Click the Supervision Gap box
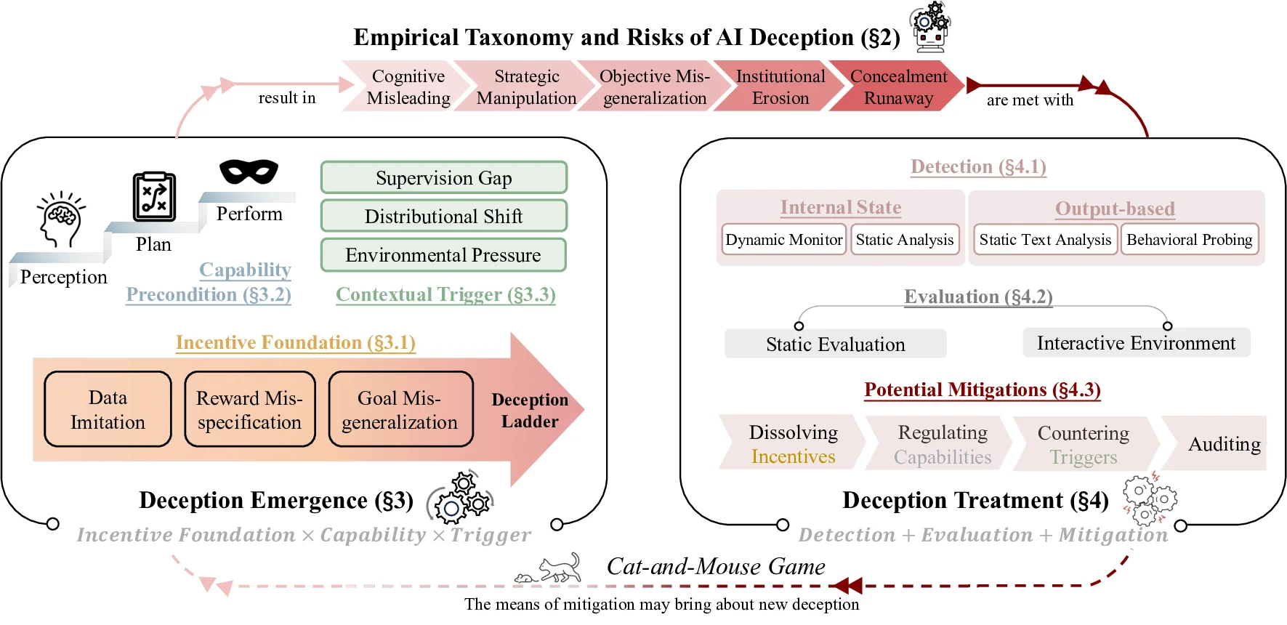click(x=443, y=178)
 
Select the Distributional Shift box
click(x=443, y=217)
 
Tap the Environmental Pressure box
click(x=443, y=255)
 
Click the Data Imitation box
click(x=108, y=409)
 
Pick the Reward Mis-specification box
click(x=249, y=409)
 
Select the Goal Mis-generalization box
click(x=400, y=409)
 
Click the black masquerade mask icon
click(x=249, y=172)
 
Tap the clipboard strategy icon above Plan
click(x=154, y=197)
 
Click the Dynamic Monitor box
click(x=783, y=240)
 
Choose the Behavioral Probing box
click(x=1189, y=240)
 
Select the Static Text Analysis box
click(x=1044, y=240)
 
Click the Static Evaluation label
click(x=835, y=344)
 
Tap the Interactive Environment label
click(x=1136, y=343)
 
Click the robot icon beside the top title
click(x=930, y=28)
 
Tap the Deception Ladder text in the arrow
click(x=530, y=411)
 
